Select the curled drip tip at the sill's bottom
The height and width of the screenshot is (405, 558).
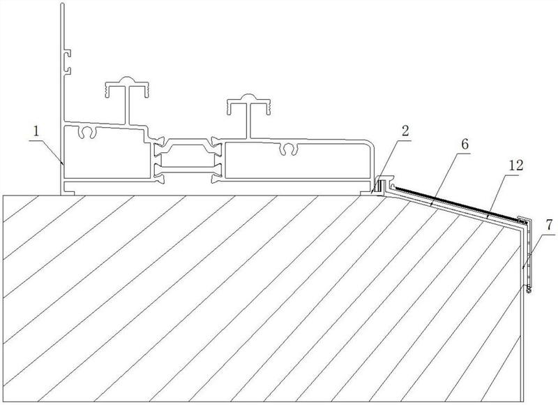point(529,290)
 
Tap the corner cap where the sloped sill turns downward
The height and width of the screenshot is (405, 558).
point(524,221)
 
